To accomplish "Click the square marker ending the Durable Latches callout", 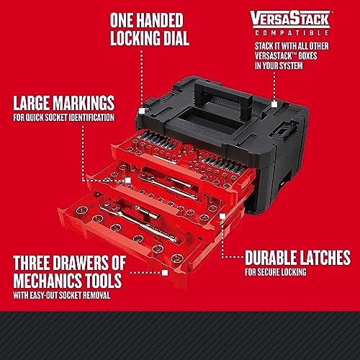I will (223, 257).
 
